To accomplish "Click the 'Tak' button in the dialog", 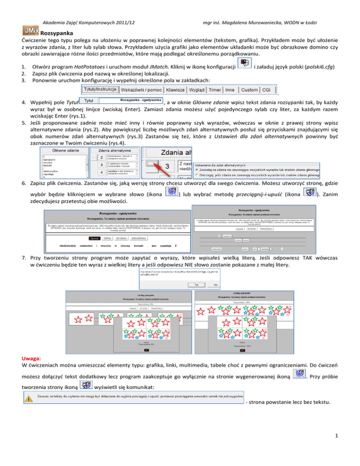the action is pos(196,284).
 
